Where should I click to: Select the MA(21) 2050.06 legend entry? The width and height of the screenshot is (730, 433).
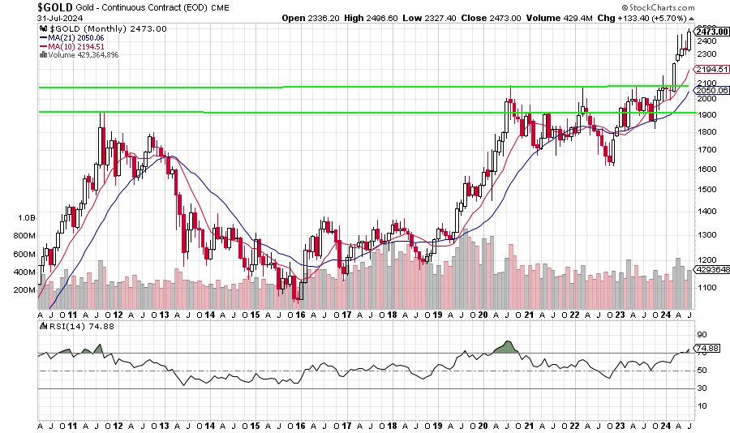[78, 37]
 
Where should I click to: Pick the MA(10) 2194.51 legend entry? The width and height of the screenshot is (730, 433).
[78, 46]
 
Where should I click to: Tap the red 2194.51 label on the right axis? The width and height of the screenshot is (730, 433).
[712, 70]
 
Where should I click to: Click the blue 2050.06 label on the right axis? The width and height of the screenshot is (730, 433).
[712, 90]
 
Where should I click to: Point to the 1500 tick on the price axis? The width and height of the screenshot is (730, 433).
[706, 189]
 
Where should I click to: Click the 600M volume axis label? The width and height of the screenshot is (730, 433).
[24, 254]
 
